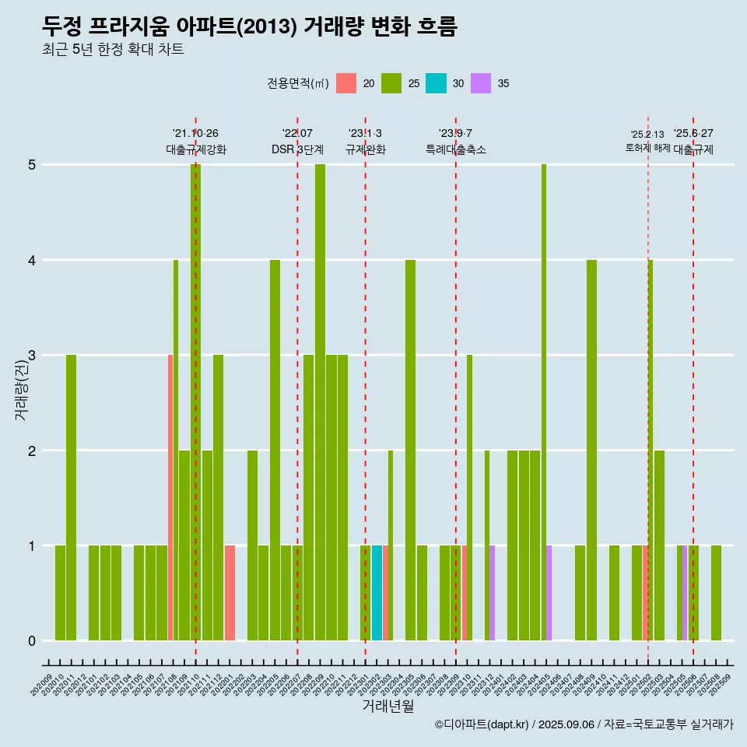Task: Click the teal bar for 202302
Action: coord(377,593)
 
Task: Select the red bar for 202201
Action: coord(230,593)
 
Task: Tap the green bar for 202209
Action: coord(320,402)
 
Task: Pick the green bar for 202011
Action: coord(71,498)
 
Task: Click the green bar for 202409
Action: coord(591,450)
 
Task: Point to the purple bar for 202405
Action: coord(549,593)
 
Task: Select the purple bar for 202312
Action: coord(492,593)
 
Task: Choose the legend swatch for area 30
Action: coord(436,83)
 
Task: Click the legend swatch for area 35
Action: coord(481,83)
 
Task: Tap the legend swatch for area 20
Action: coord(346,83)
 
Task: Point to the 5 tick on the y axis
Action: coord(32,165)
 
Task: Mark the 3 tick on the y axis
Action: coord(32,356)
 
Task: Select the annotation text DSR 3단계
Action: coord(297,149)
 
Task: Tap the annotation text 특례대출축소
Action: coord(456,149)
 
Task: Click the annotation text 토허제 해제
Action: coord(648,148)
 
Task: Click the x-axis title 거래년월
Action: coord(388,706)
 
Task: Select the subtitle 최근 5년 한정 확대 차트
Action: coord(114,50)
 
